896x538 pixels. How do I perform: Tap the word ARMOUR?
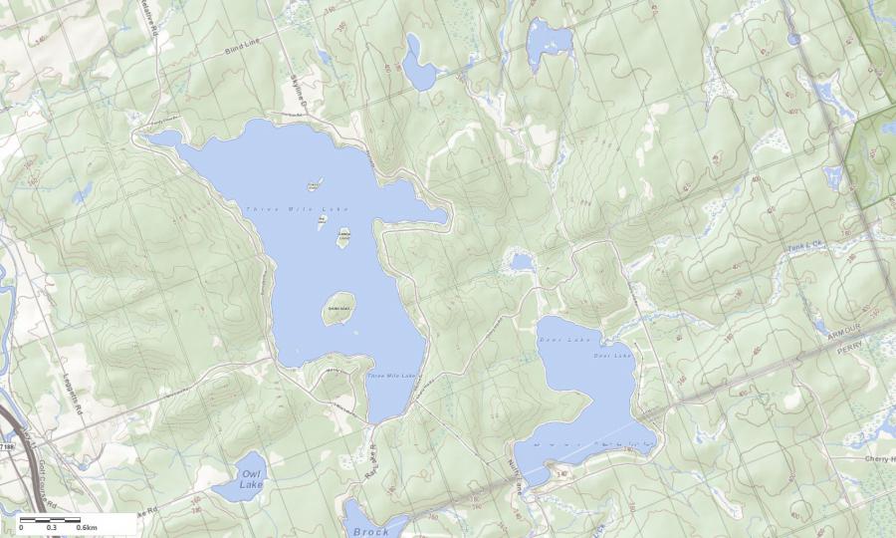click(x=848, y=339)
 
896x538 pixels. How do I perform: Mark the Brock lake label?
click(x=370, y=531)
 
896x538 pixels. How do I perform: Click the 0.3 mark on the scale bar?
click(x=51, y=527)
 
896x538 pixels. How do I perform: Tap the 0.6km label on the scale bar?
click(x=86, y=527)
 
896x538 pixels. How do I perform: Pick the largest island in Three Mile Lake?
click(x=339, y=307)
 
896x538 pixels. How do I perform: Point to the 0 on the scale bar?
click(x=21, y=527)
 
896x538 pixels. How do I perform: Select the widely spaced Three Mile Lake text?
click(x=298, y=208)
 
